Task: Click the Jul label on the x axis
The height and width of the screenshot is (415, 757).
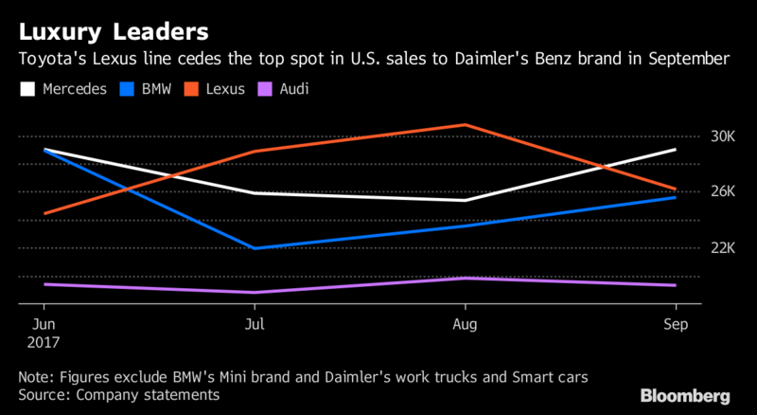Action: [x=254, y=323]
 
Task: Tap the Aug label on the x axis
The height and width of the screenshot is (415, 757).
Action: [x=465, y=323]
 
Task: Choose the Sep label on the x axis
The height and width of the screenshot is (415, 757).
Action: [x=676, y=323]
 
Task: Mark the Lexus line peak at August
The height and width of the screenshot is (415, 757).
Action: [x=465, y=124]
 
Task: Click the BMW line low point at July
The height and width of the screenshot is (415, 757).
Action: [x=255, y=248]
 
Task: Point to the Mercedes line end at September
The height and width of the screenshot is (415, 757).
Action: [x=676, y=150]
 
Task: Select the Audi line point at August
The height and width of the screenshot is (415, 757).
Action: [x=465, y=278]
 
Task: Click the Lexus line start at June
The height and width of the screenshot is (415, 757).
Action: [x=44, y=214]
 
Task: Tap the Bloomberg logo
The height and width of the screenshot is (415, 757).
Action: [x=685, y=395]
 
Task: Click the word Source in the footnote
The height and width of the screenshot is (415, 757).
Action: [x=43, y=394]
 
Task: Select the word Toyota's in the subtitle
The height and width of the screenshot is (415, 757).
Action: [x=50, y=60]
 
